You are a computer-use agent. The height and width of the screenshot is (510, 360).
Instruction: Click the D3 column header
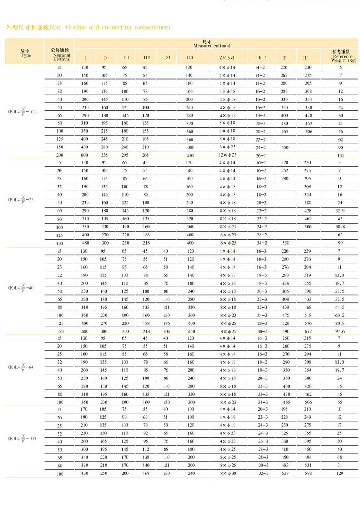click(x=167, y=58)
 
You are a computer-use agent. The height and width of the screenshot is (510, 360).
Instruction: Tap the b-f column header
click(x=262, y=58)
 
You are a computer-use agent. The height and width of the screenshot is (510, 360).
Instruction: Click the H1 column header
click(x=306, y=58)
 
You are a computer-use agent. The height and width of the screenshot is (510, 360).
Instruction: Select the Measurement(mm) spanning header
click(x=212, y=44)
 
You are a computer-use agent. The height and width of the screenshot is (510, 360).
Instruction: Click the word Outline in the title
click(x=76, y=27)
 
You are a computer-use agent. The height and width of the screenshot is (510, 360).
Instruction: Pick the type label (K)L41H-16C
click(x=22, y=111)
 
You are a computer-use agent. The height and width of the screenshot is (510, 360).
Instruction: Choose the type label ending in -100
click(x=22, y=438)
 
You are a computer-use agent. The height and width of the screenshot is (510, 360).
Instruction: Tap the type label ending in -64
click(x=21, y=367)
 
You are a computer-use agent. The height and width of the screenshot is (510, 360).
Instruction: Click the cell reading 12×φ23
click(x=227, y=155)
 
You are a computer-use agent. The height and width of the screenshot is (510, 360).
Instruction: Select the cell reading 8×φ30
click(x=228, y=473)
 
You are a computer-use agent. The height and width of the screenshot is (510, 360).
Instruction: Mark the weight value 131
click(x=341, y=155)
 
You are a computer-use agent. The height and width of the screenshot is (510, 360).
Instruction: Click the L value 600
click(x=84, y=155)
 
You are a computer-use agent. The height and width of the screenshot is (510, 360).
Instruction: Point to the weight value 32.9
click(x=340, y=211)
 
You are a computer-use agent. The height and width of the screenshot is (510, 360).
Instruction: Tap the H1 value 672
click(x=308, y=331)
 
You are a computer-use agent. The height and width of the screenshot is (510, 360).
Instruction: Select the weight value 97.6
click(x=340, y=331)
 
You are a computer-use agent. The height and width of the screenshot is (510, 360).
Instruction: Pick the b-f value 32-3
click(x=263, y=473)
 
